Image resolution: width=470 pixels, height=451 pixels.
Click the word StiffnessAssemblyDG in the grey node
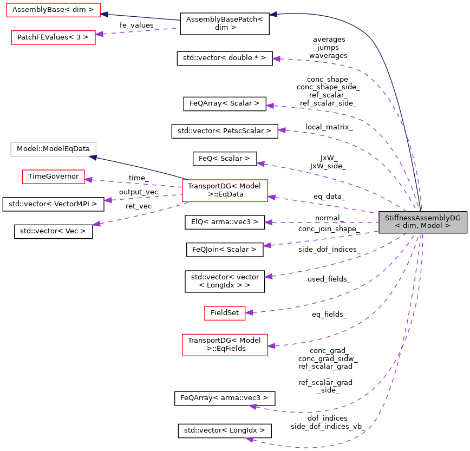click(422, 218)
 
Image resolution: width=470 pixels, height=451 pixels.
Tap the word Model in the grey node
click(432, 226)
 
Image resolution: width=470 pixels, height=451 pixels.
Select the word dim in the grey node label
click(409, 226)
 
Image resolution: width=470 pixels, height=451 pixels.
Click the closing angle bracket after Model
click(448, 226)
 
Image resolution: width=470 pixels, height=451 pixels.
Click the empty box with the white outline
click(53, 149)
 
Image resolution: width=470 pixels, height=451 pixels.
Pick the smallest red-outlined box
click(225, 313)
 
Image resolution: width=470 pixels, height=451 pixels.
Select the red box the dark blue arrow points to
click(53, 10)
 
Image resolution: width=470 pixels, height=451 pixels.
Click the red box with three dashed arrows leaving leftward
click(225, 191)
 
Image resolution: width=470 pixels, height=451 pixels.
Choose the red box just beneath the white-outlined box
click(53, 177)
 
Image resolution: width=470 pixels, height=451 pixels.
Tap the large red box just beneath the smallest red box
click(225, 345)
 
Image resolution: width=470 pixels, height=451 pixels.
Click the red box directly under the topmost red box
click(53, 37)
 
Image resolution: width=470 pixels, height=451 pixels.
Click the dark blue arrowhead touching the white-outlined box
click(93, 157)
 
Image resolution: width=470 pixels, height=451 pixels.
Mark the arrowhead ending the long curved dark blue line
click(273, 14)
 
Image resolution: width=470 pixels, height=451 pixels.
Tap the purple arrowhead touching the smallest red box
click(249, 312)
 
